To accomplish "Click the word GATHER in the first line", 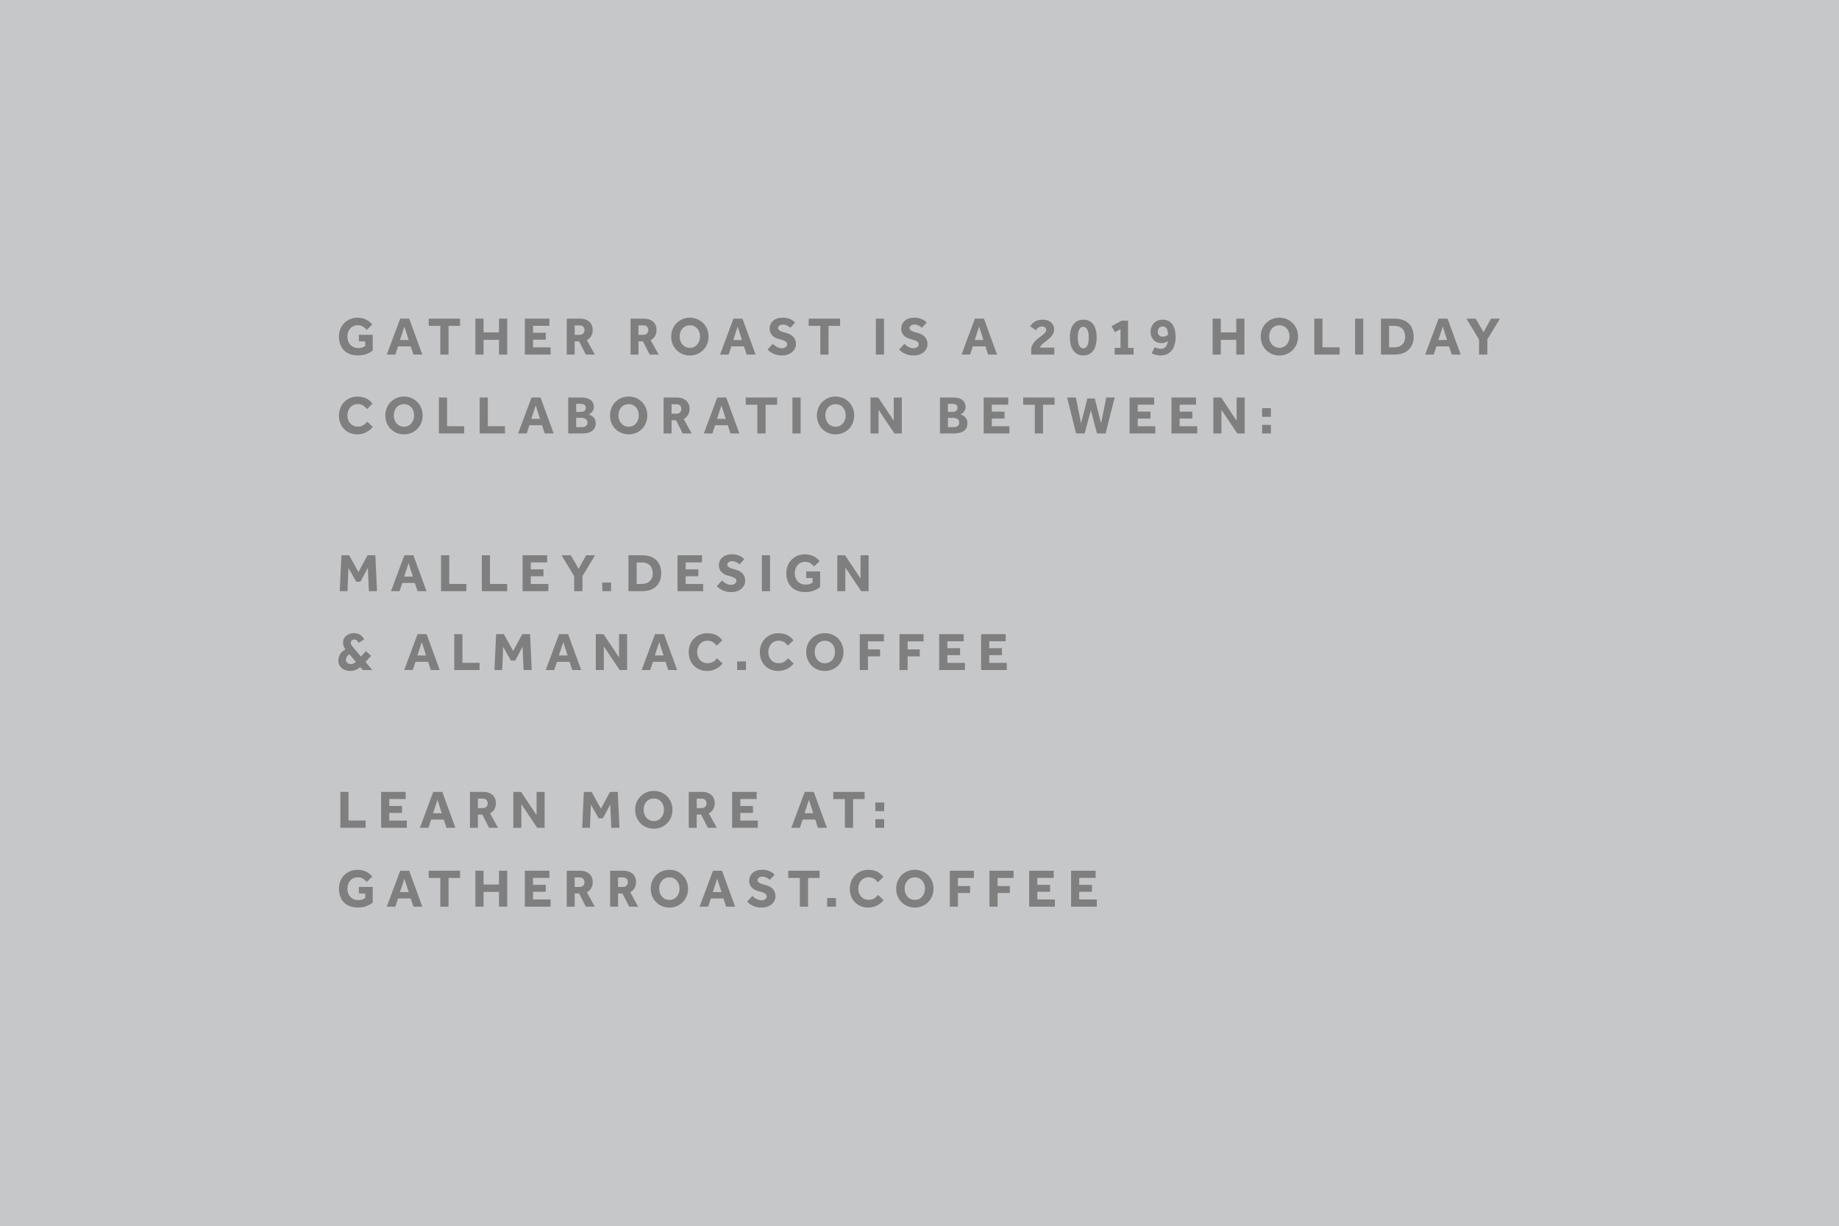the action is click(467, 336).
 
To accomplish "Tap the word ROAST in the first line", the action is click(736, 336).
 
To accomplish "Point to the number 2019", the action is click(1104, 336).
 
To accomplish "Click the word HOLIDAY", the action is click(1356, 336).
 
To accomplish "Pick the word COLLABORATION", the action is click(622, 416).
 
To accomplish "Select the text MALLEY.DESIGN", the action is click(605, 573).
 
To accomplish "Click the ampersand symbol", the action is click(355, 652).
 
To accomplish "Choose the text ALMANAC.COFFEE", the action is click(707, 652).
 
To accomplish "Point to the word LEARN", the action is click(444, 809).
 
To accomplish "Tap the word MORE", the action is click(670, 809).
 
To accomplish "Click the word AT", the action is click(828, 809).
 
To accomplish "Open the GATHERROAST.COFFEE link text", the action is click(719, 888).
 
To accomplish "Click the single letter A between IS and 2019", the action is click(979, 336).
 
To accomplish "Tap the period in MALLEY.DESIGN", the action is click(607, 586).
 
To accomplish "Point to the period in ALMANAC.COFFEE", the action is click(742, 666).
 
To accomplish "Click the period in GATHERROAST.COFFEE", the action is click(832, 902).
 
